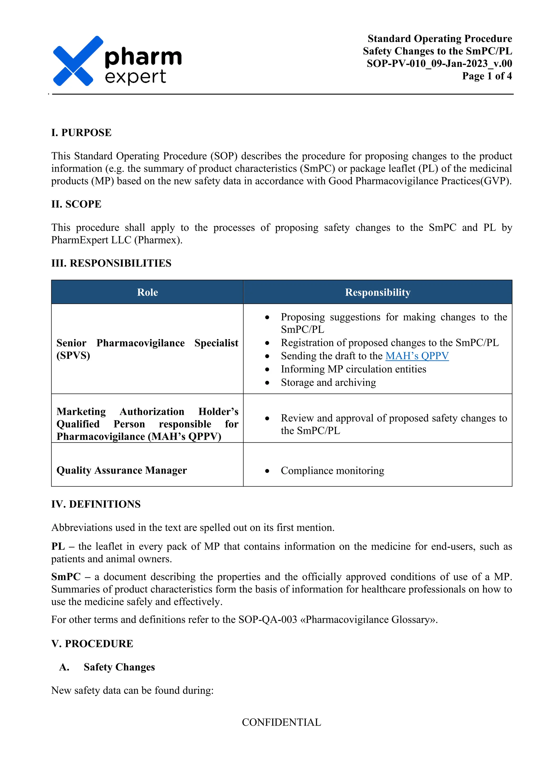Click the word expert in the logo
click(135, 77)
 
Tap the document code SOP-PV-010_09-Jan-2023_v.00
click(439, 64)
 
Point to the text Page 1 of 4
click(487, 76)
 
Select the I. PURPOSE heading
click(81, 133)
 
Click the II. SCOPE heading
click(76, 204)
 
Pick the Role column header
click(147, 292)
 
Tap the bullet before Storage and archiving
click(267, 383)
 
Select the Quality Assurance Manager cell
click(122, 470)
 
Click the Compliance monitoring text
click(332, 471)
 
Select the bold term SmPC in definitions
click(66, 577)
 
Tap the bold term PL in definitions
click(58, 546)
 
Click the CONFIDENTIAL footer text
click(281, 722)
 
